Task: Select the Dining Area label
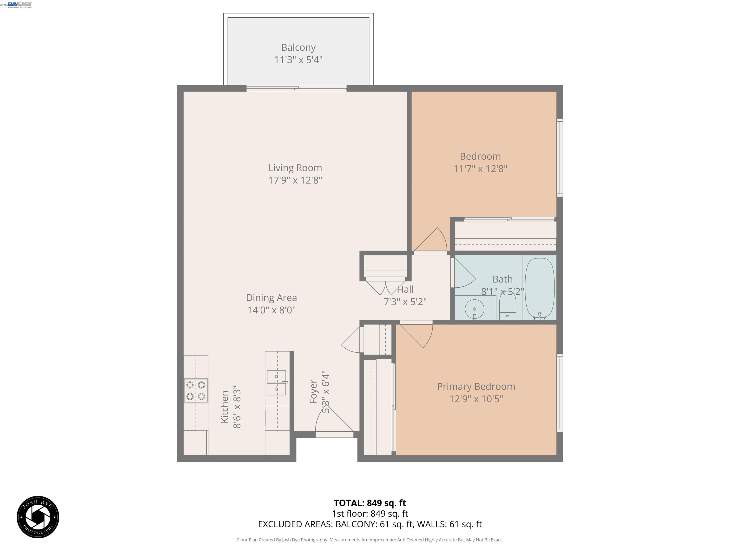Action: [271, 297]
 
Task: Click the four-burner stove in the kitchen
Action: [196, 390]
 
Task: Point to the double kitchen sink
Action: [276, 383]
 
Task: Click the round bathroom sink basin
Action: [474, 309]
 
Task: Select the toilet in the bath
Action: [508, 306]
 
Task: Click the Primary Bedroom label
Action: [476, 386]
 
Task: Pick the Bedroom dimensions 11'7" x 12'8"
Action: [480, 169]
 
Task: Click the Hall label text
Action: [405, 289]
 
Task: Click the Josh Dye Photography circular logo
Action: [38, 517]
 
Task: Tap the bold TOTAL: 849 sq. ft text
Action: [370, 503]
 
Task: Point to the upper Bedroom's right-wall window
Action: [559, 157]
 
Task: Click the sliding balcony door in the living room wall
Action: [296, 88]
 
